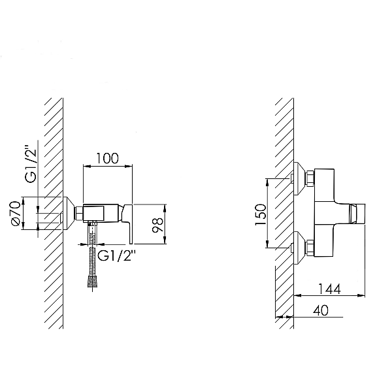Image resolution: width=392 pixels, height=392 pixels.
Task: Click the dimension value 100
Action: pyautogui.click(x=107, y=159)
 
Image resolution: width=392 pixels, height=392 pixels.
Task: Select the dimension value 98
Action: pyautogui.click(x=158, y=225)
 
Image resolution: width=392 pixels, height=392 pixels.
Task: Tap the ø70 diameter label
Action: pyautogui.click(x=16, y=213)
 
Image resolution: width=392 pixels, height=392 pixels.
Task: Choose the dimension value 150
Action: pyautogui.click(x=261, y=215)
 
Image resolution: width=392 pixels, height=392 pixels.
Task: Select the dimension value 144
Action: pyautogui.click(x=329, y=289)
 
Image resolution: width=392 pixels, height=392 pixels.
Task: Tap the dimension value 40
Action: pyautogui.click(x=321, y=310)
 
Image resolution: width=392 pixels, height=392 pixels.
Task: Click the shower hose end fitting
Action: pyautogui.click(x=93, y=282)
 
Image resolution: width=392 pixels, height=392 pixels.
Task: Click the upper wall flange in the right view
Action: pyautogui.click(x=299, y=178)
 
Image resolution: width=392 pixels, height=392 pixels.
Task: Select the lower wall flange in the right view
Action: pyautogui.click(x=299, y=248)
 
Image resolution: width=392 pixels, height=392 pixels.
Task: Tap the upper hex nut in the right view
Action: pyautogui.click(x=310, y=178)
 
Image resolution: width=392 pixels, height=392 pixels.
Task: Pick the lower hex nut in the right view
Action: pyautogui.click(x=310, y=248)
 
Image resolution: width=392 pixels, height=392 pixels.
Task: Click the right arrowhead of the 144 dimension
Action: pyautogui.click(x=361, y=295)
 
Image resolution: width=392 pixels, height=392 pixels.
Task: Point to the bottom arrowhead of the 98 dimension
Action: pyautogui.click(x=165, y=240)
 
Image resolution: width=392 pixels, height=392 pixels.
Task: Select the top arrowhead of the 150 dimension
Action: pyautogui.click(x=267, y=182)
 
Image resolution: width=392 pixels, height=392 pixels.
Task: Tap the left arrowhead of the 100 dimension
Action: pyautogui.click(x=87, y=166)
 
